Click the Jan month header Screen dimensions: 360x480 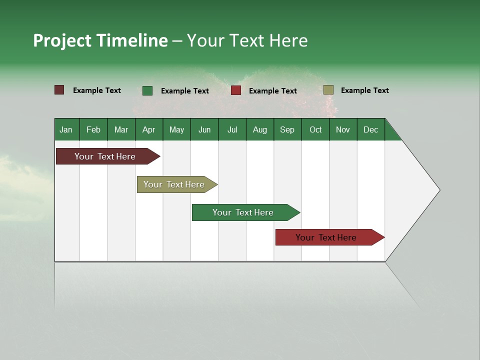point(66,129)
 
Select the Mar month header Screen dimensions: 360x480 point(121,129)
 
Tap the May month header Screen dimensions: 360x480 point(176,129)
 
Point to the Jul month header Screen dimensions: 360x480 point(232,129)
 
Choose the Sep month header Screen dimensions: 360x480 point(287,129)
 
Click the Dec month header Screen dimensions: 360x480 point(370,129)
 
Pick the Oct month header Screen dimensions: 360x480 point(315,129)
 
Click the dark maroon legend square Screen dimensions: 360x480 point(59,90)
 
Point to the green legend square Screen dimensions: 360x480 point(147,90)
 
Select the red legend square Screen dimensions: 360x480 point(236,90)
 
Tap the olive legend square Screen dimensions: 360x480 point(328,90)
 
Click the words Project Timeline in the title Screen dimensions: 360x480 point(100,40)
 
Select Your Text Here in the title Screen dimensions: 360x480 point(247,40)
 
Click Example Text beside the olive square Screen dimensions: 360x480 point(364,90)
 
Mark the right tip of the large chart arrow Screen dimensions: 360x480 point(438,189)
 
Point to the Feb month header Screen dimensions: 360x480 point(93,129)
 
